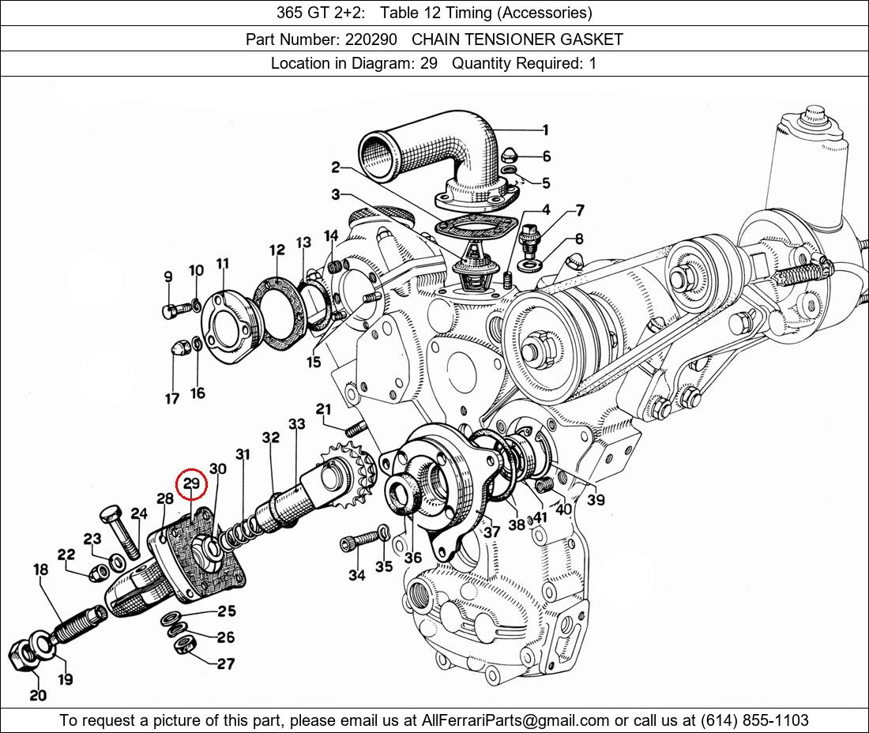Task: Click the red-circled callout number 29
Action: tap(191, 483)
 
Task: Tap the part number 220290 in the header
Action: tap(371, 39)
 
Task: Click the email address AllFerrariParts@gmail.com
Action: tap(515, 720)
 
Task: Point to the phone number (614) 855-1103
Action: tap(754, 720)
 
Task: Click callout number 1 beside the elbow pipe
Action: tap(545, 130)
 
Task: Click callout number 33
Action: tap(296, 424)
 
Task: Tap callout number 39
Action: tap(596, 500)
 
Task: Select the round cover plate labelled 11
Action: tap(229, 328)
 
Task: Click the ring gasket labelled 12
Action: tap(280, 314)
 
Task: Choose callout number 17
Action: tap(171, 399)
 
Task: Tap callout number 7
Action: tap(580, 211)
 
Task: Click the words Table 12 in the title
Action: tap(408, 13)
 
